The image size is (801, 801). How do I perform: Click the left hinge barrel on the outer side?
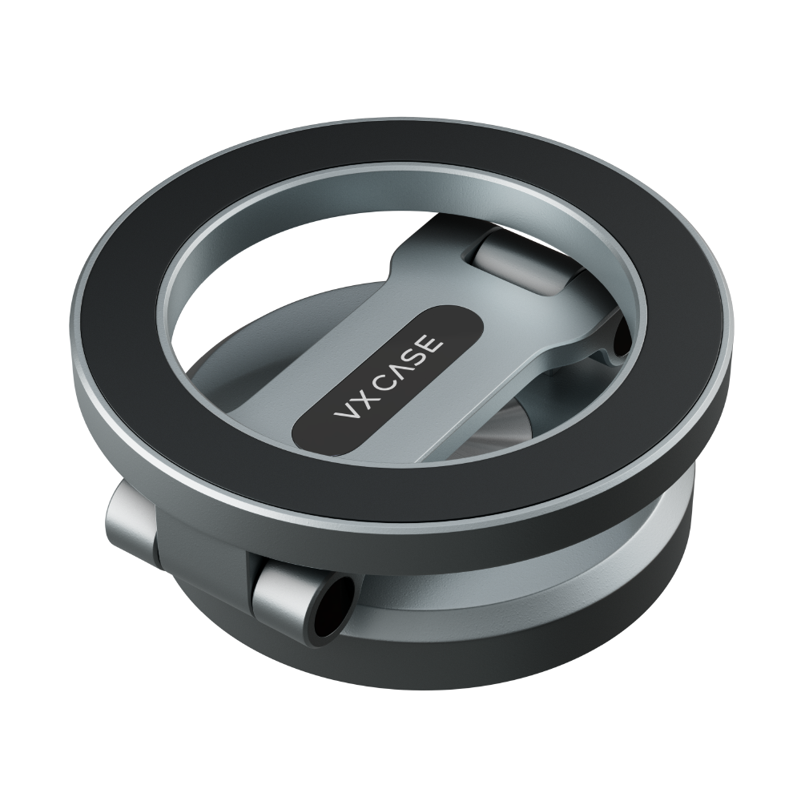[x=132, y=525]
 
